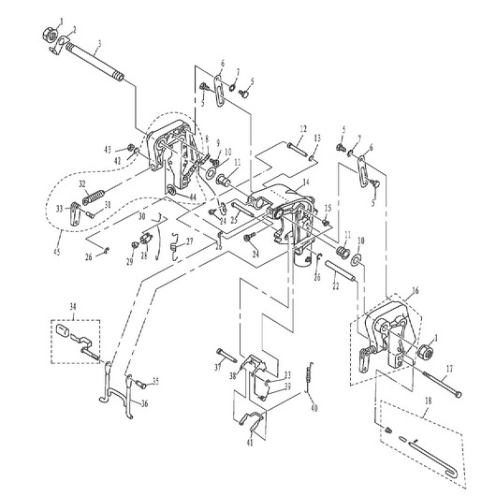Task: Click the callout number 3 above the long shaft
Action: [x=100, y=45]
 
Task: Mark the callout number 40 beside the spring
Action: [x=314, y=408]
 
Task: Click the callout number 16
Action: [x=416, y=292]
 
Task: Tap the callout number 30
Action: [x=141, y=216]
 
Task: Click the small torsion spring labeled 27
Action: [x=175, y=246]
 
